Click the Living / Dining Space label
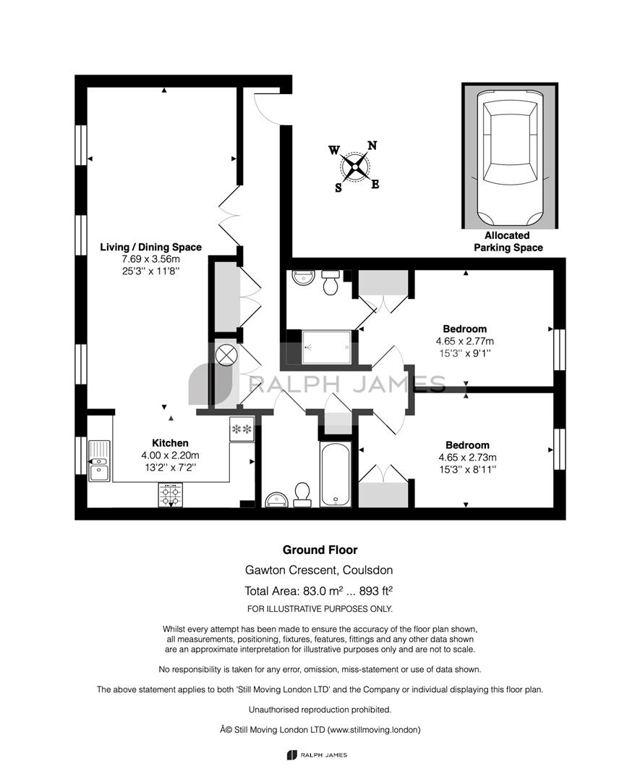click(x=151, y=248)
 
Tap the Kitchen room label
click(x=171, y=443)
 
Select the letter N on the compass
click(x=372, y=146)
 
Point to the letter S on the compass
click(x=338, y=188)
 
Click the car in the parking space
click(x=510, y=158)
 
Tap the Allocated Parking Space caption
click(x=508, y=241)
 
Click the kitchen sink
click(x=100, y=461)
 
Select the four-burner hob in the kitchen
click(x=171, y=495)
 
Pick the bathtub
click(x=336, y=474)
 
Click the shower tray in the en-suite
click(x=327, y=347)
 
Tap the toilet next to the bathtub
click(x=302, y=495)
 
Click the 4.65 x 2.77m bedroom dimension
click(x=465, y=341)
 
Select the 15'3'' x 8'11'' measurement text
click(x=468, y=469)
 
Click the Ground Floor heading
click(x=320, y=550)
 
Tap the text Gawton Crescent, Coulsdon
click(x=319, y=570)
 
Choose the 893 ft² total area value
click(x=376, y=591)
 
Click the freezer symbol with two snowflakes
click(x=242, y=429)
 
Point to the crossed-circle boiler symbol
click(x=225, y=355)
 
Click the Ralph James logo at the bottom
click(x=317, y=755)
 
